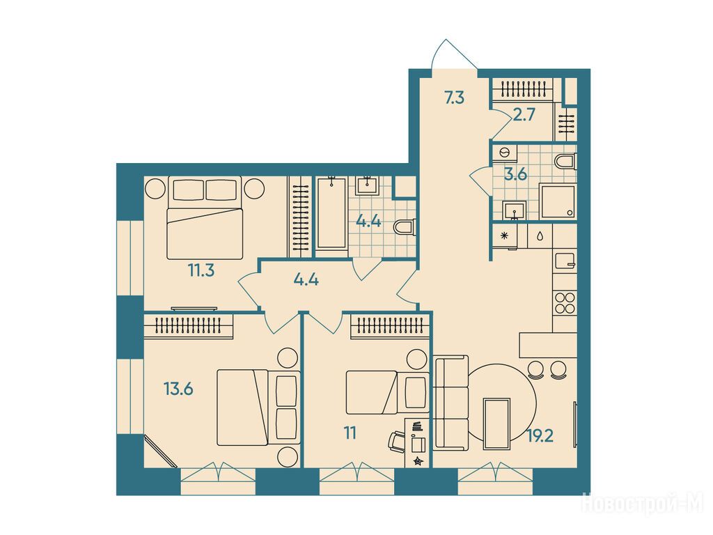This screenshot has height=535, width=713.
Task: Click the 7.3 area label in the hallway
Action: (x=454, y=98)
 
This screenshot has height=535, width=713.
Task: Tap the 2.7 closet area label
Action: (x=523, y=116)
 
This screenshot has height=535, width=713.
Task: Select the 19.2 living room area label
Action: (x=540, y=437)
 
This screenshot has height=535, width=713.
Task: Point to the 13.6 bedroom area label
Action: (x=179, y=389)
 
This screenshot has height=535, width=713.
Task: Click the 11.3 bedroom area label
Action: (x=201, y=271)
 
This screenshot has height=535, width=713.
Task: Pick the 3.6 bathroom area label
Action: (x=516, y=174)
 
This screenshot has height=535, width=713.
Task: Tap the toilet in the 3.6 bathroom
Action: (x=565, y=162)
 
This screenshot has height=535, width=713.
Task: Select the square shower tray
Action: (x=557, y=201)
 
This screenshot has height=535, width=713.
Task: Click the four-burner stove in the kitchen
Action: (x=565, y=303)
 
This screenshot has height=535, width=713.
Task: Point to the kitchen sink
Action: (x=565, y=261)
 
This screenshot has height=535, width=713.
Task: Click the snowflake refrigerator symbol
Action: (x=504, y=235)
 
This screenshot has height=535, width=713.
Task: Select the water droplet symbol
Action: (x=540, y=236)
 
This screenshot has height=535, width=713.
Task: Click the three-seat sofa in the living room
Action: (x=451, y=403)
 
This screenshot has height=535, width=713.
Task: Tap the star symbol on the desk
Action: (x=418, y=461)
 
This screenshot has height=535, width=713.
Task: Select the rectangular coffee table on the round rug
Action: (x=496, y=424)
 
